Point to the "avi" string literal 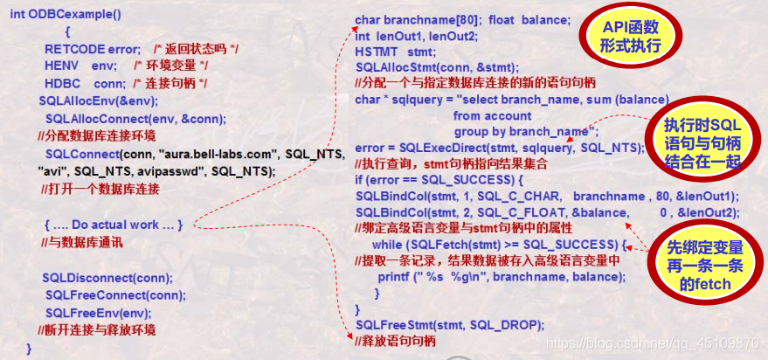pos(52,171)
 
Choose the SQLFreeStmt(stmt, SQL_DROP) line pos(449,325)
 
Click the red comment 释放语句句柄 pos(394,341)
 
